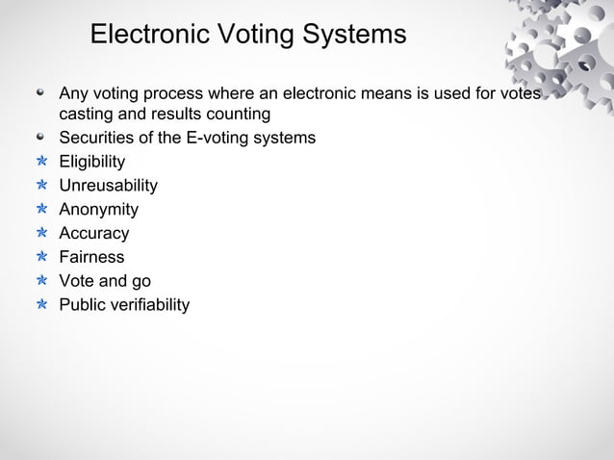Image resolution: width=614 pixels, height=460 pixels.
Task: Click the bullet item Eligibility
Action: [92, 162]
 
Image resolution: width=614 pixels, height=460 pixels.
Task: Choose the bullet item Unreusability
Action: [109, 186]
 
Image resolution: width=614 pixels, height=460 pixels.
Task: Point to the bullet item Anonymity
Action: [99, 210]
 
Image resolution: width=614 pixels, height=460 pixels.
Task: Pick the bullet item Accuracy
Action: [94, 234]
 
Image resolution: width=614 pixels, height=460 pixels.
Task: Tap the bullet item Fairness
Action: [92, 258]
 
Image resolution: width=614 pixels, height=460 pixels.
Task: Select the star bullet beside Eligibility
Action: [41, 162]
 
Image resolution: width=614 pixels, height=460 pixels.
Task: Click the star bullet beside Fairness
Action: [41, 258]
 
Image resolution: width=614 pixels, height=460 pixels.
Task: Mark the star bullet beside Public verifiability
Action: [41, 306]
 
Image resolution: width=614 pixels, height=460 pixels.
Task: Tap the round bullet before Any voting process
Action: [41, 95]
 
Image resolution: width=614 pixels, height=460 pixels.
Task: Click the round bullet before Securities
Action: [41, 138]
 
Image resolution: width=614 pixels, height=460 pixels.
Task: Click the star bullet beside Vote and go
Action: [41, 282]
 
